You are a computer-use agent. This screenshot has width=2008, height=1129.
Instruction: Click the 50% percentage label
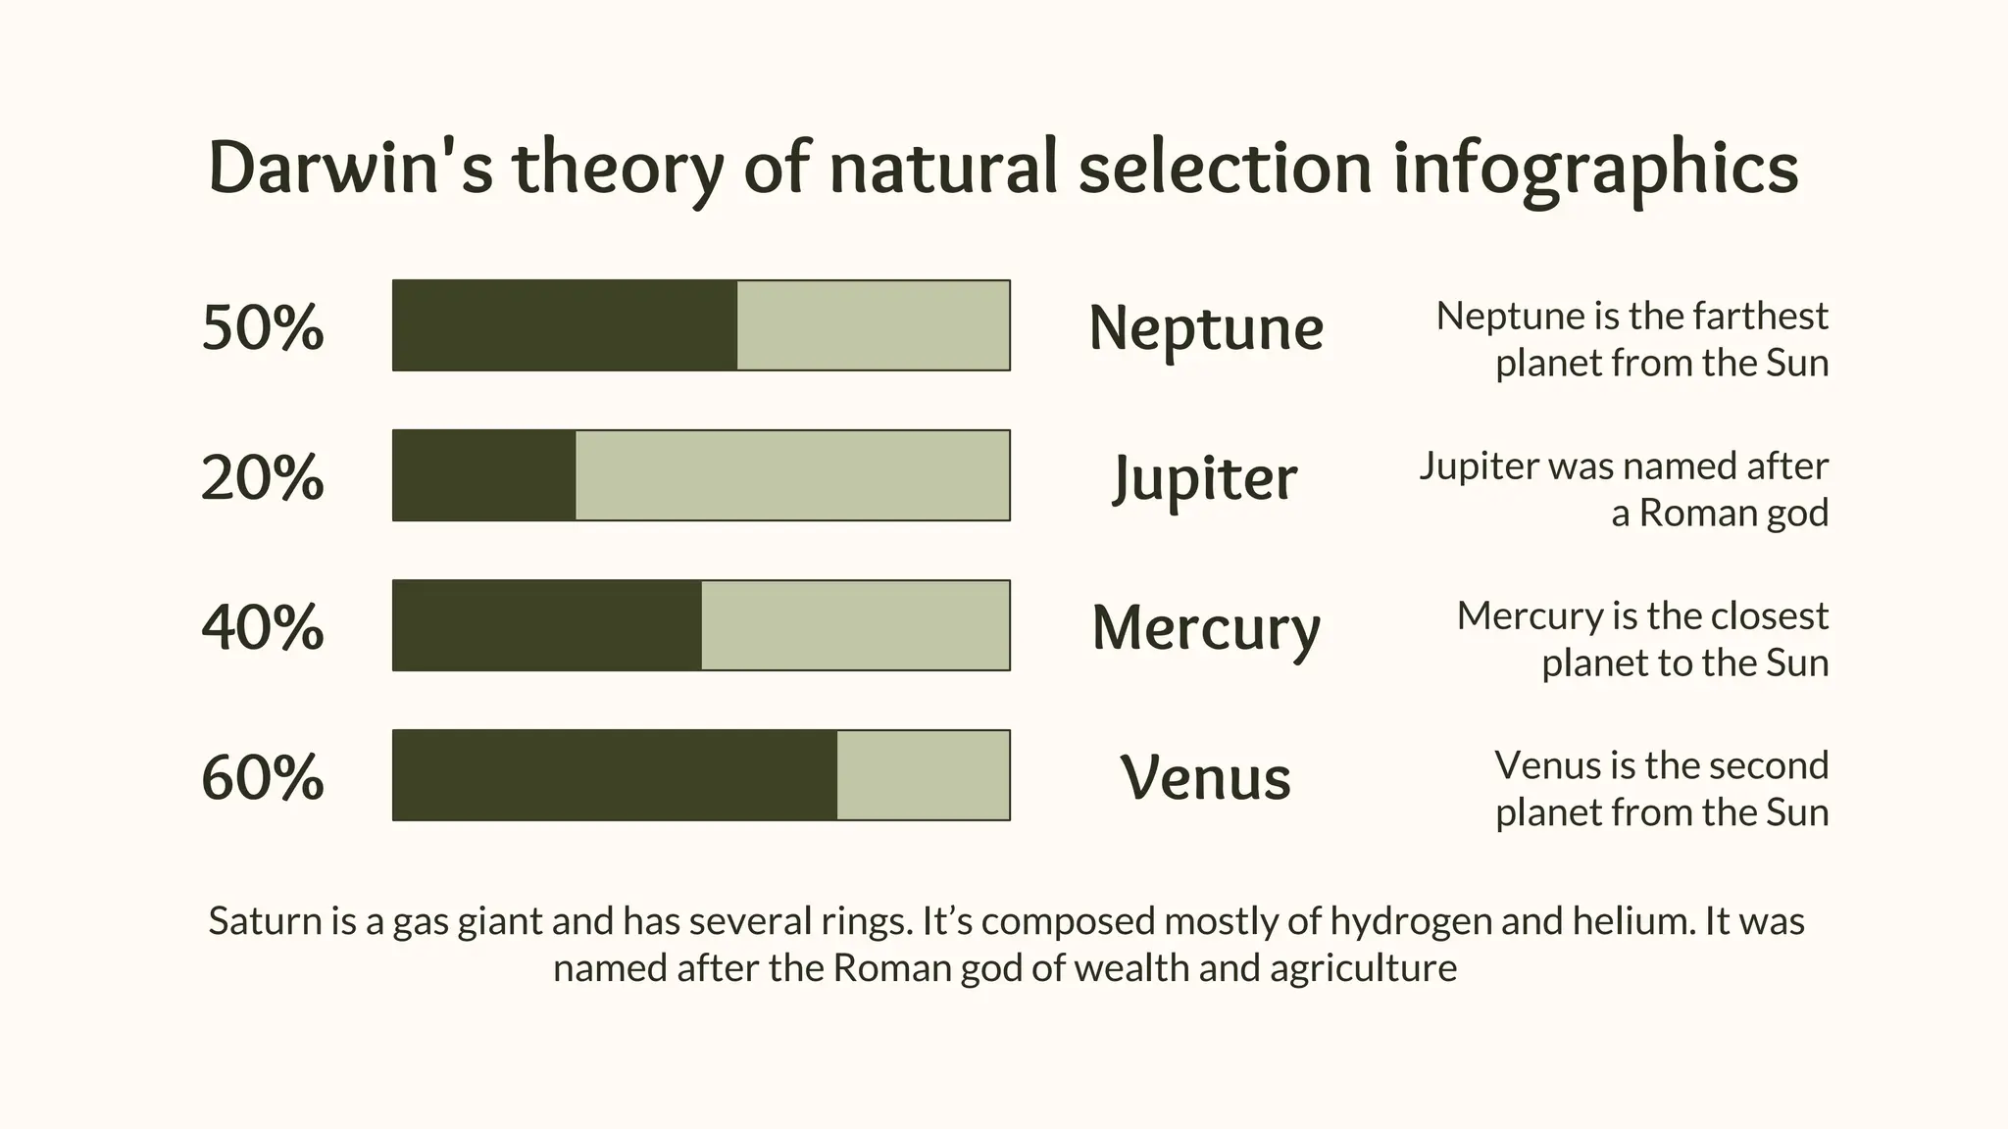(262, 327)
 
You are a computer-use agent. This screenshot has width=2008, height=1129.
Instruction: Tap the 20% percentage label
(262, 477)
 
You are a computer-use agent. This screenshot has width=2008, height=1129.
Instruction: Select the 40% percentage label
(262, 627)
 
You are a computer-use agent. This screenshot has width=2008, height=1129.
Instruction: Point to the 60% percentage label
(262, 777)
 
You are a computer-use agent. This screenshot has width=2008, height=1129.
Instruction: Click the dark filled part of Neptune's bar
(565, 325)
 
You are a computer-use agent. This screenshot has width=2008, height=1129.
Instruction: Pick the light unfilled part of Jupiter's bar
(792, 475)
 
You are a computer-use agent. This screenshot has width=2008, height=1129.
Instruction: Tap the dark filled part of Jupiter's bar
(484, 475)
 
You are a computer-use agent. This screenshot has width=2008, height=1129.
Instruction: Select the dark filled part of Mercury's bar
(547, 625)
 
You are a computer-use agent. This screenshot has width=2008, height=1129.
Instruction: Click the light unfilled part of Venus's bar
(923, 775)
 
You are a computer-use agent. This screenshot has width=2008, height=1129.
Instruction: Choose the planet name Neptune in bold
(1206, 327)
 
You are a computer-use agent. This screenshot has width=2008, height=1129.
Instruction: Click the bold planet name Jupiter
(1205, 478)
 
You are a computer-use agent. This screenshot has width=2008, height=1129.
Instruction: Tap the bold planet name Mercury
(1206, 628)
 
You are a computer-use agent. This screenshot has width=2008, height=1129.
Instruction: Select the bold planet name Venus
(1205, 777)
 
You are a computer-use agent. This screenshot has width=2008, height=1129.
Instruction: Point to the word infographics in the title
(1595, 169)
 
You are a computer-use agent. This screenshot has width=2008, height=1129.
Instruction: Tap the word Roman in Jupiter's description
(1690, 513)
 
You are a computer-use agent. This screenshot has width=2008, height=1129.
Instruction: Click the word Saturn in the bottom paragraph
(266, 921)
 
